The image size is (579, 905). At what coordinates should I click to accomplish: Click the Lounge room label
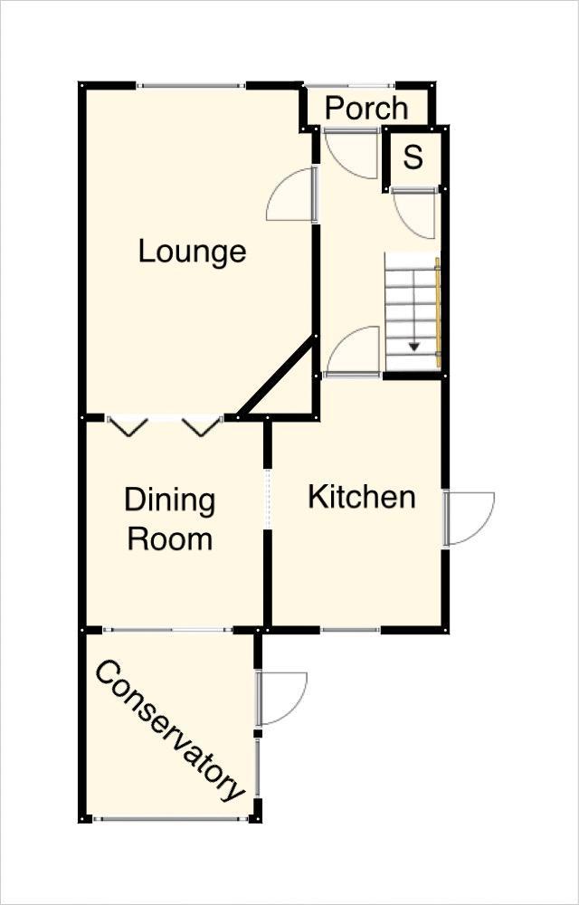pyautogui.click(x=193, y=252)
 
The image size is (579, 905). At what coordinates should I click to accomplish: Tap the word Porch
pyautogui.click(x=366, y=108)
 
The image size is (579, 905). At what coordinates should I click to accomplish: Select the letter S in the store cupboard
pyautogui.click(x=413, y=157)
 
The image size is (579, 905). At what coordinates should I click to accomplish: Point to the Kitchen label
pyautogui.click(x=362, y=498)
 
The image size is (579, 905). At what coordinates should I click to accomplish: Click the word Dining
pyautogui.click(x=169, y=501)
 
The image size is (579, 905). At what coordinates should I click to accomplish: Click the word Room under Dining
pyautogui.click(x=170, y=539)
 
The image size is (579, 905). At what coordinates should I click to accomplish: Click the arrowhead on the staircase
pyautogui.click(x=413, y=347)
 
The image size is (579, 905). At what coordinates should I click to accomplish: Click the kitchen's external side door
pyautogui.click(x=469, y=518)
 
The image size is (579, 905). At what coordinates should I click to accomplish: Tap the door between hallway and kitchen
pyautogui.click(x=352, y=352)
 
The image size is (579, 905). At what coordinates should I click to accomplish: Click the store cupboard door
pyautogui.click(x=413, y=213)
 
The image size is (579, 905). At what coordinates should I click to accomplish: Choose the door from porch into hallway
pyautogui.click(x=351, y=154)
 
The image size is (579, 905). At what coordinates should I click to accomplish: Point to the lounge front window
pyautogui.click(x=192, y=86)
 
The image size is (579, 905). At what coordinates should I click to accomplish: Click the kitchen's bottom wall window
pyautogui.click(x=351, y=630)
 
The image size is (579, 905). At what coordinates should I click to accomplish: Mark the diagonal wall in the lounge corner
pyautogui.click(x=278, y=376)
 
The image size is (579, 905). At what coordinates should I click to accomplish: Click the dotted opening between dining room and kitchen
pyautogui.click(x=267, y=499)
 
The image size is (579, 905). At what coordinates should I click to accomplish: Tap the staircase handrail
pyautogui.click(x=438, y=312)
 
